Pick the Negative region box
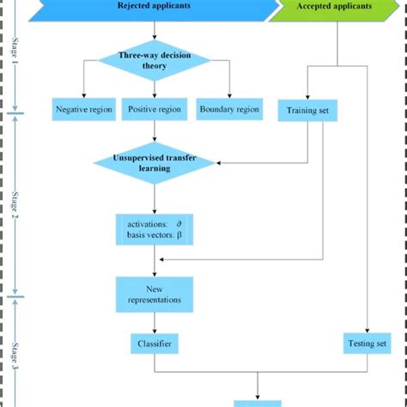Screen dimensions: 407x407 (83, 110)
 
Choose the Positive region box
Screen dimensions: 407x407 (155, 110)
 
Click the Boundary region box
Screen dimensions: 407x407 (228, 110)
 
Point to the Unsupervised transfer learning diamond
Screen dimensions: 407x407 (155, 162)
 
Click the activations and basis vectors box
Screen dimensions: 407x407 (155, 228)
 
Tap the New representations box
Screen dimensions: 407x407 (155, 294)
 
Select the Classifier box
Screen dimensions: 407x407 (155, 343)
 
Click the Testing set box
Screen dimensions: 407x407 (368, 343)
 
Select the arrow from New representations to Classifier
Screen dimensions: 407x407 (155, 321)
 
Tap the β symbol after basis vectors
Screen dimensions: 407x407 (179, 234)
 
